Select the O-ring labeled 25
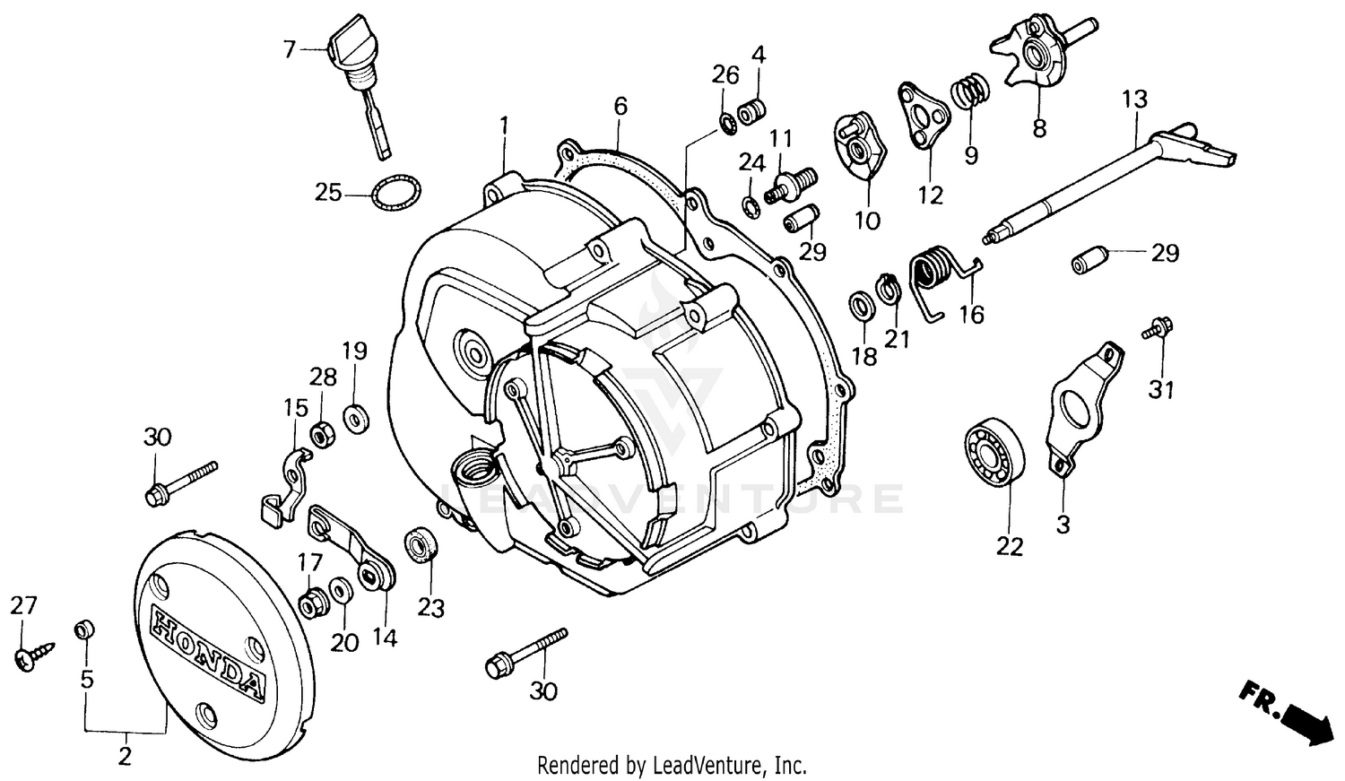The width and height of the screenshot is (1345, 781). [395, 193]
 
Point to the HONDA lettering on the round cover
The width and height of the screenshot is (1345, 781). [208, 652]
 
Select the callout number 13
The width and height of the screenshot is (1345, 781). [1134, 99]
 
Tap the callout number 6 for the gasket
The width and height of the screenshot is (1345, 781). [620, 106]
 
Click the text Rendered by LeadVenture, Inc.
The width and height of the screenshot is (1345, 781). [672, 766]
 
